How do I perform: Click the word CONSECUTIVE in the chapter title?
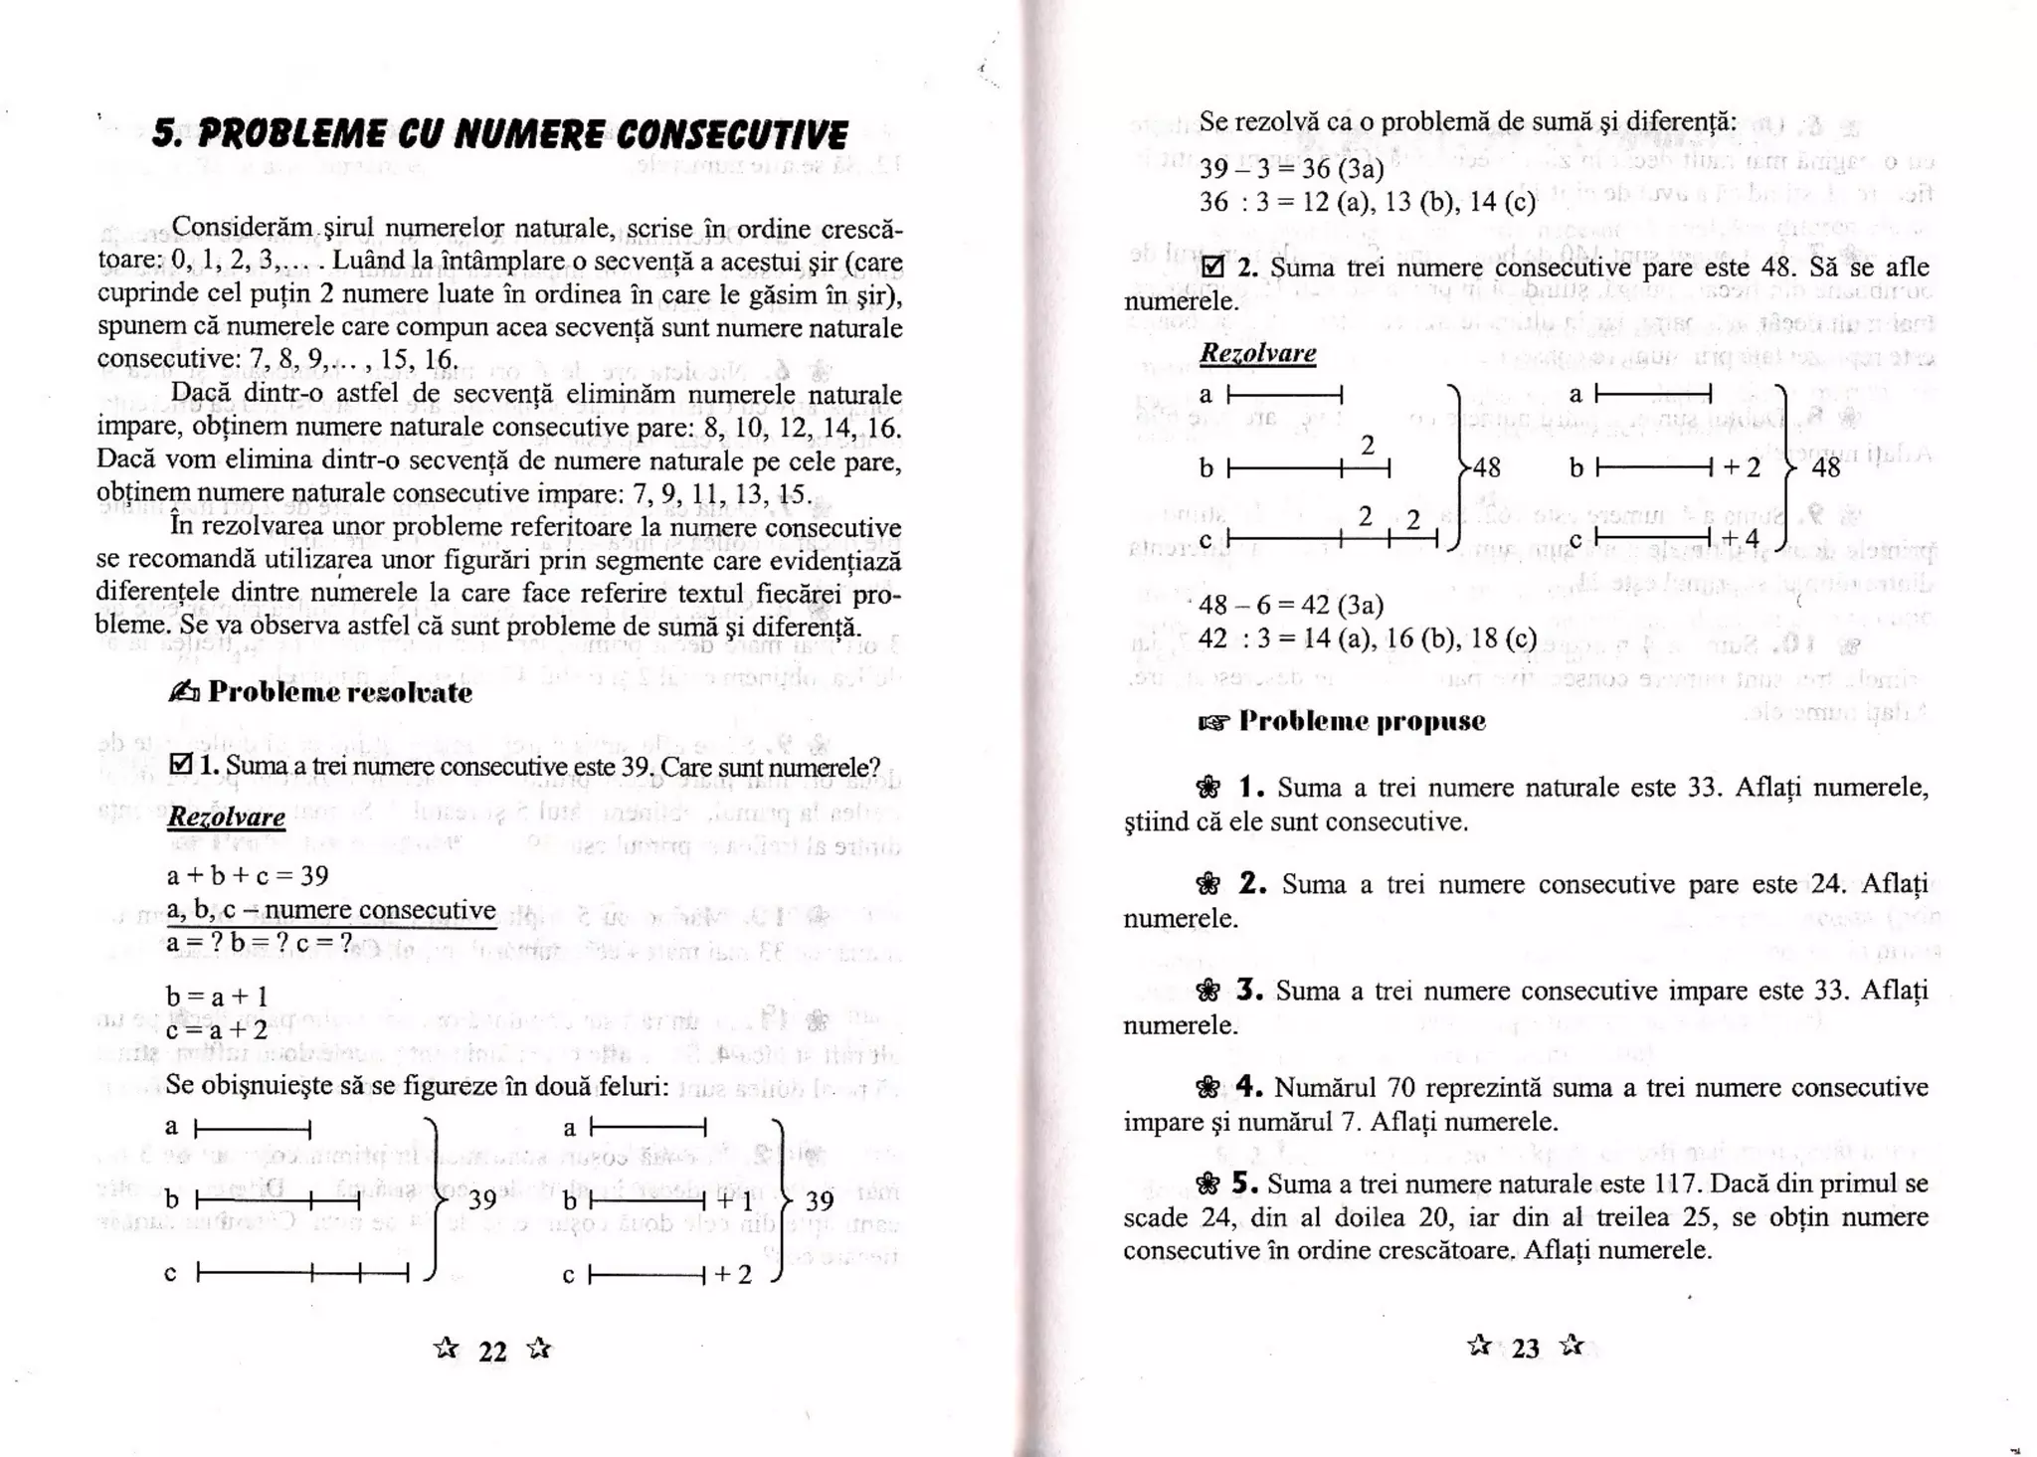click(731, 135)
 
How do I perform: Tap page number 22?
click(493, 1352)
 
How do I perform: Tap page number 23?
click(1526, 1349)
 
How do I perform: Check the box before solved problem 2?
click(1211, 267)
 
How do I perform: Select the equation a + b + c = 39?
click(248, 875)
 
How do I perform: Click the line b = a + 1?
click(217, 996)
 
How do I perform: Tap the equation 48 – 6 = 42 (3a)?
click(1291, 605)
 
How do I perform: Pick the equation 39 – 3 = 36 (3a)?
click(1291, 168)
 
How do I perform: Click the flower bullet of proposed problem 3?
click(1207, 992)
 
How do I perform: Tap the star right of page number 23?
click(1572, 1346)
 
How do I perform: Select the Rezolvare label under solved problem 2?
click(1257, 353)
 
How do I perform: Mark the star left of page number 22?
click(447, 1349)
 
